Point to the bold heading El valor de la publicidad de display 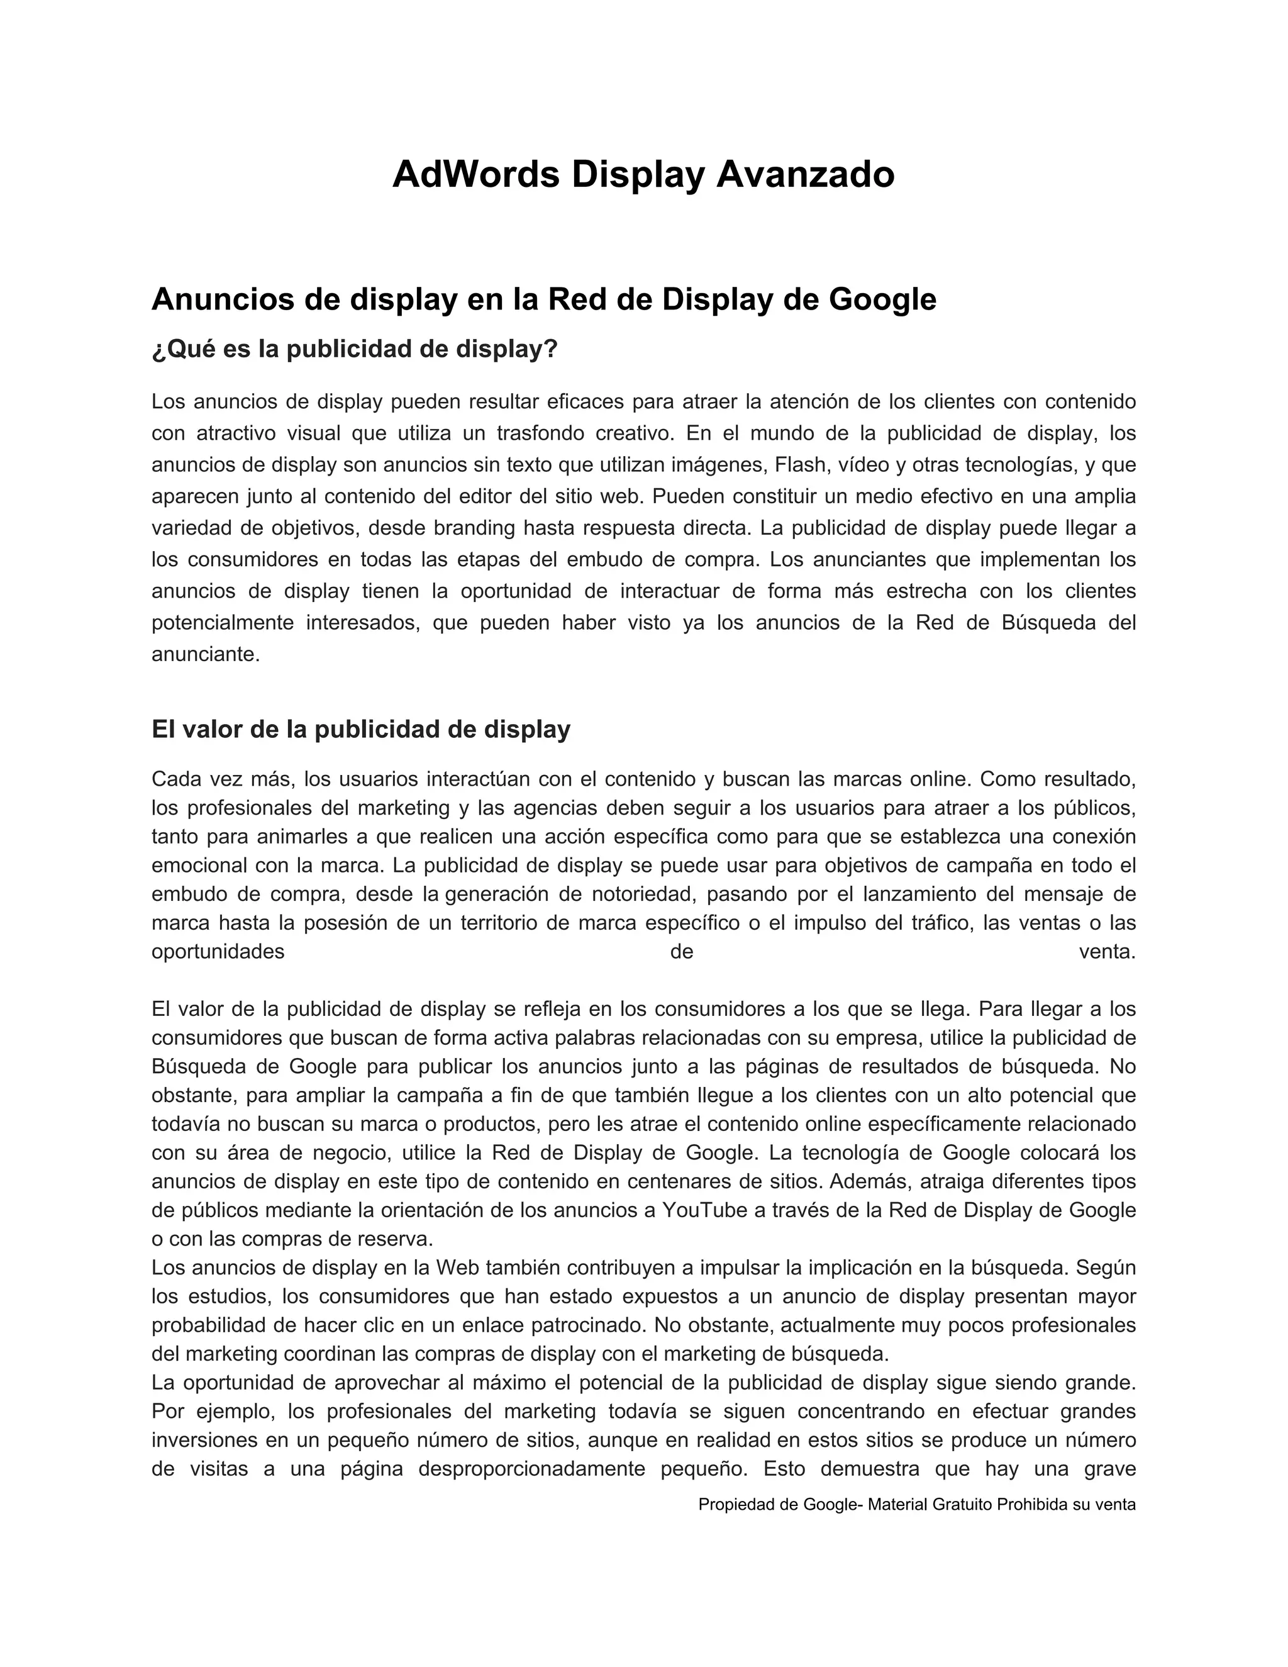coord(361,729)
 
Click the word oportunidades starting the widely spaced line coord(218,952)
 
